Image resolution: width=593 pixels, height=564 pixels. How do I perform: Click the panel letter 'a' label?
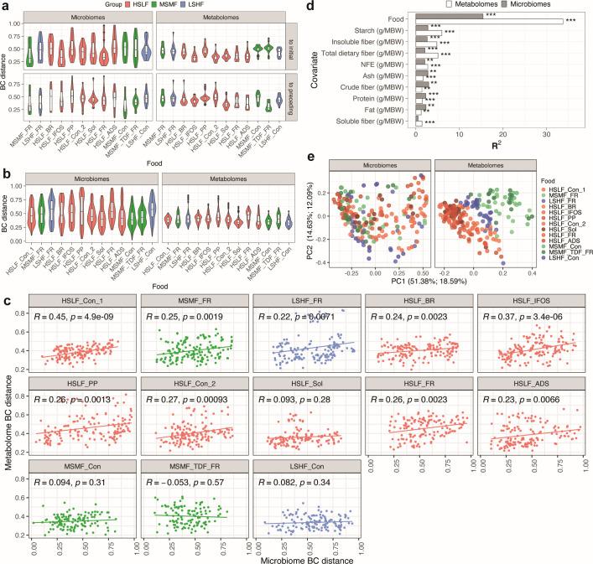[6, 6]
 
